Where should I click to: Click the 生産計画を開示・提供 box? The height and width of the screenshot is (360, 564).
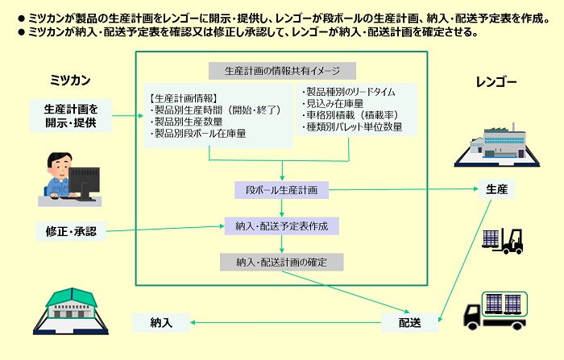pos(71,116)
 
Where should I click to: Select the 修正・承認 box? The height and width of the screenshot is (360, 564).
pos(71,231)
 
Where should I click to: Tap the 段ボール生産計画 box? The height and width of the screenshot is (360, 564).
pos(282,190)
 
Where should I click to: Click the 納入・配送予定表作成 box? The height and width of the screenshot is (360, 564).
pos(282,226)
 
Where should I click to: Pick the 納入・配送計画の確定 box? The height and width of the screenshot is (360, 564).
pos(282,263)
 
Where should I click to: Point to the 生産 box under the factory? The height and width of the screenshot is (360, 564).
pos(497,189)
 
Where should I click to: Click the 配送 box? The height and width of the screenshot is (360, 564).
pos(409,322)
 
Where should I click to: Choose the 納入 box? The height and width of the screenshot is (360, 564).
pos(161,322)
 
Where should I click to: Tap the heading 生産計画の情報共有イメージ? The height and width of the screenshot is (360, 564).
pos(282,71)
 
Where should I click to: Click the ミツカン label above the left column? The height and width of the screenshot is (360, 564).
pos(70,80)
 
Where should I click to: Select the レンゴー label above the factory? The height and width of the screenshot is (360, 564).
pos(496,82)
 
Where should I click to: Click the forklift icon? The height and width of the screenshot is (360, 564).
pos(503,241)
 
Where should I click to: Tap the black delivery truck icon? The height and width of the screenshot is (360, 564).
pos(496,311)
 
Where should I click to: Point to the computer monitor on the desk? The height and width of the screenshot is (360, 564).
pos(84,184)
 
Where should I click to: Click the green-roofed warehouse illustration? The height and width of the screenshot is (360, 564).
pos(71,311)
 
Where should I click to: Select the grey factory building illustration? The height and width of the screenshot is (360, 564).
pos(497,145)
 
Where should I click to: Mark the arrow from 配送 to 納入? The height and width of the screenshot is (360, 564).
pos(285,322)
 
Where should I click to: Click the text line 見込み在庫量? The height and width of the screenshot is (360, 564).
pos(334,104)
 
